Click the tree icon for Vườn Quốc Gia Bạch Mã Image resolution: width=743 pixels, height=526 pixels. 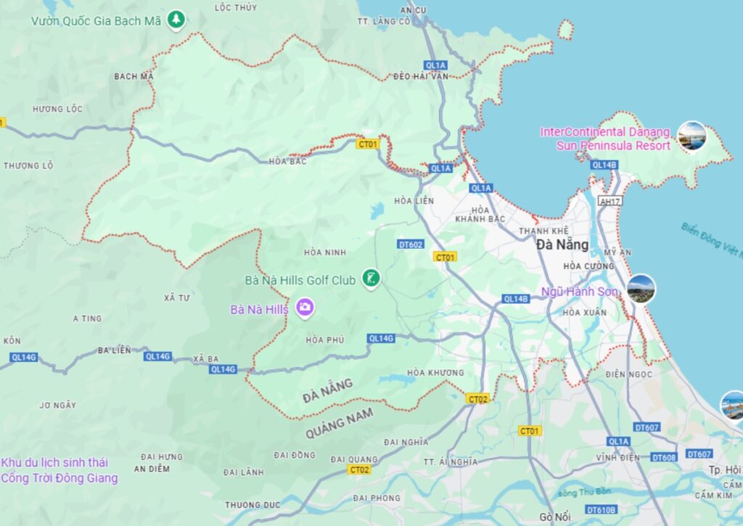pyautogui.click(x=176, y=20)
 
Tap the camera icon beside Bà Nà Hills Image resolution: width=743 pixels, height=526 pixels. pyautogui.click(x=305, y=308)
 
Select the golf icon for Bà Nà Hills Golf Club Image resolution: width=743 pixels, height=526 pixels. pyautogui.click(x=371, y=278)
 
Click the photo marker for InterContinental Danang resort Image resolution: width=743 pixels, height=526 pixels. pyautogui.click(x=691, y=136)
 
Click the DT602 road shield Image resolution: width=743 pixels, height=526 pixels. pyautogui.click(x=410, y=244)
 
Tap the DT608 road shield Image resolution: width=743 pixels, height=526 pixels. pyautogui.click(x=664, y=457)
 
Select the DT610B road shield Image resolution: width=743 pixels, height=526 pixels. pyautogui.click(x=601, y=509)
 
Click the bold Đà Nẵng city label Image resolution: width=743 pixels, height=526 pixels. pyautogui.click(x=562, y=244)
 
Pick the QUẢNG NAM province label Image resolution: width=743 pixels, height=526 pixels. pyautogui.click(x=340, y=423)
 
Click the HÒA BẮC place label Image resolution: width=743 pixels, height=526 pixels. pyautogui.click(x=287, y=161)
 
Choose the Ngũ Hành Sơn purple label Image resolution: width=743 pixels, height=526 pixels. pyautogui.click(x=580, y=292)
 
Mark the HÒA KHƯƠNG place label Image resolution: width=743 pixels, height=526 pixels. pyautogui.click(x=435, y=373)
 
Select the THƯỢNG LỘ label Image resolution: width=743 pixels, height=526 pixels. pyautogui.click(x=28, y=165)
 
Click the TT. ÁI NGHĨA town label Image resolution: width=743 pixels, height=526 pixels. pyautogui.click(x=451, y=461)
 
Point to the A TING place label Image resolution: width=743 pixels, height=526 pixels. pyautogui.click(x=88, y=319)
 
